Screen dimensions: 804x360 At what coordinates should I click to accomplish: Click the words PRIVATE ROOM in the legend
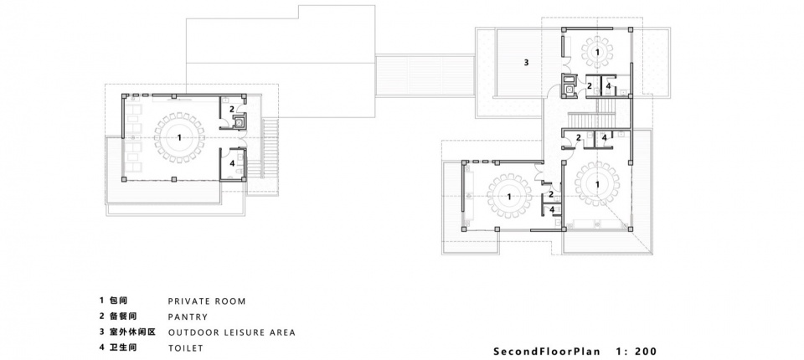(207, 301)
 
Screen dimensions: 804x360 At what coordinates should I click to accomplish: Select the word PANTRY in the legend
(188, 317)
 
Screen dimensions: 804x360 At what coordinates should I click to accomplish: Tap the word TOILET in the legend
(186, 347)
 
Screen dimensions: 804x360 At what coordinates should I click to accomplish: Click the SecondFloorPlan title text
(546, 352)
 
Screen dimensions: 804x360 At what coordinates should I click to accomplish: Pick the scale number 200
(646, 352)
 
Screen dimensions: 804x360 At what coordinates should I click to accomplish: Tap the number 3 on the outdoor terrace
(526, 63)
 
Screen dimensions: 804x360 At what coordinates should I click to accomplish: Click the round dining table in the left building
(179, 137)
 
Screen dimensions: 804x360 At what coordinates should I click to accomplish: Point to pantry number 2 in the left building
(232, 109)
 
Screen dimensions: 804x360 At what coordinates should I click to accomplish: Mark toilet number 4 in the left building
(232, 163)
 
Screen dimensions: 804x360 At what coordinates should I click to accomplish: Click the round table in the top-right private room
(598, 51)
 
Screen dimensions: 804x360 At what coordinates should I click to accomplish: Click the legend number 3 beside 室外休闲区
(102, 332)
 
